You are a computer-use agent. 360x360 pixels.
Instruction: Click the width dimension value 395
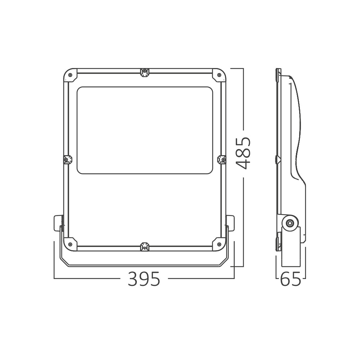144,279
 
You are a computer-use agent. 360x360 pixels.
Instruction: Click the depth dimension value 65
291,279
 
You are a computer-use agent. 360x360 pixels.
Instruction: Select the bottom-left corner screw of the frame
70,244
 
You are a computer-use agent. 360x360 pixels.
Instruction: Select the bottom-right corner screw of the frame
219,244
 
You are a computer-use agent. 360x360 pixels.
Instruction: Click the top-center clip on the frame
144,72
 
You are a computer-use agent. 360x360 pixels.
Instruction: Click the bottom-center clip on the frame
144,247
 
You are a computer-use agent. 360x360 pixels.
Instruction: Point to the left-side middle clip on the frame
67,159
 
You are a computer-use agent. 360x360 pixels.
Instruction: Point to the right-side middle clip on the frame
222,159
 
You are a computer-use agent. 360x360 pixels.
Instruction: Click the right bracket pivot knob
230,223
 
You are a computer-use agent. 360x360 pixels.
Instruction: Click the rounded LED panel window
144,130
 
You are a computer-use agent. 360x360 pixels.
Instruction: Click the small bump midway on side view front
277,159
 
